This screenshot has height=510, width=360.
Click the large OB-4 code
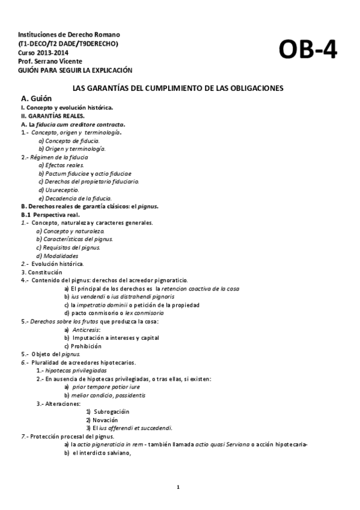point(308,52)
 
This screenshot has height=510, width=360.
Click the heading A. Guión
point(36,98)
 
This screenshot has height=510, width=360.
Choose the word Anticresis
point(86,330)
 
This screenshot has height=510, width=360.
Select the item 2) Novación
point(102,420)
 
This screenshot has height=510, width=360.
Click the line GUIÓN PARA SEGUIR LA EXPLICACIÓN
point(75,70)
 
